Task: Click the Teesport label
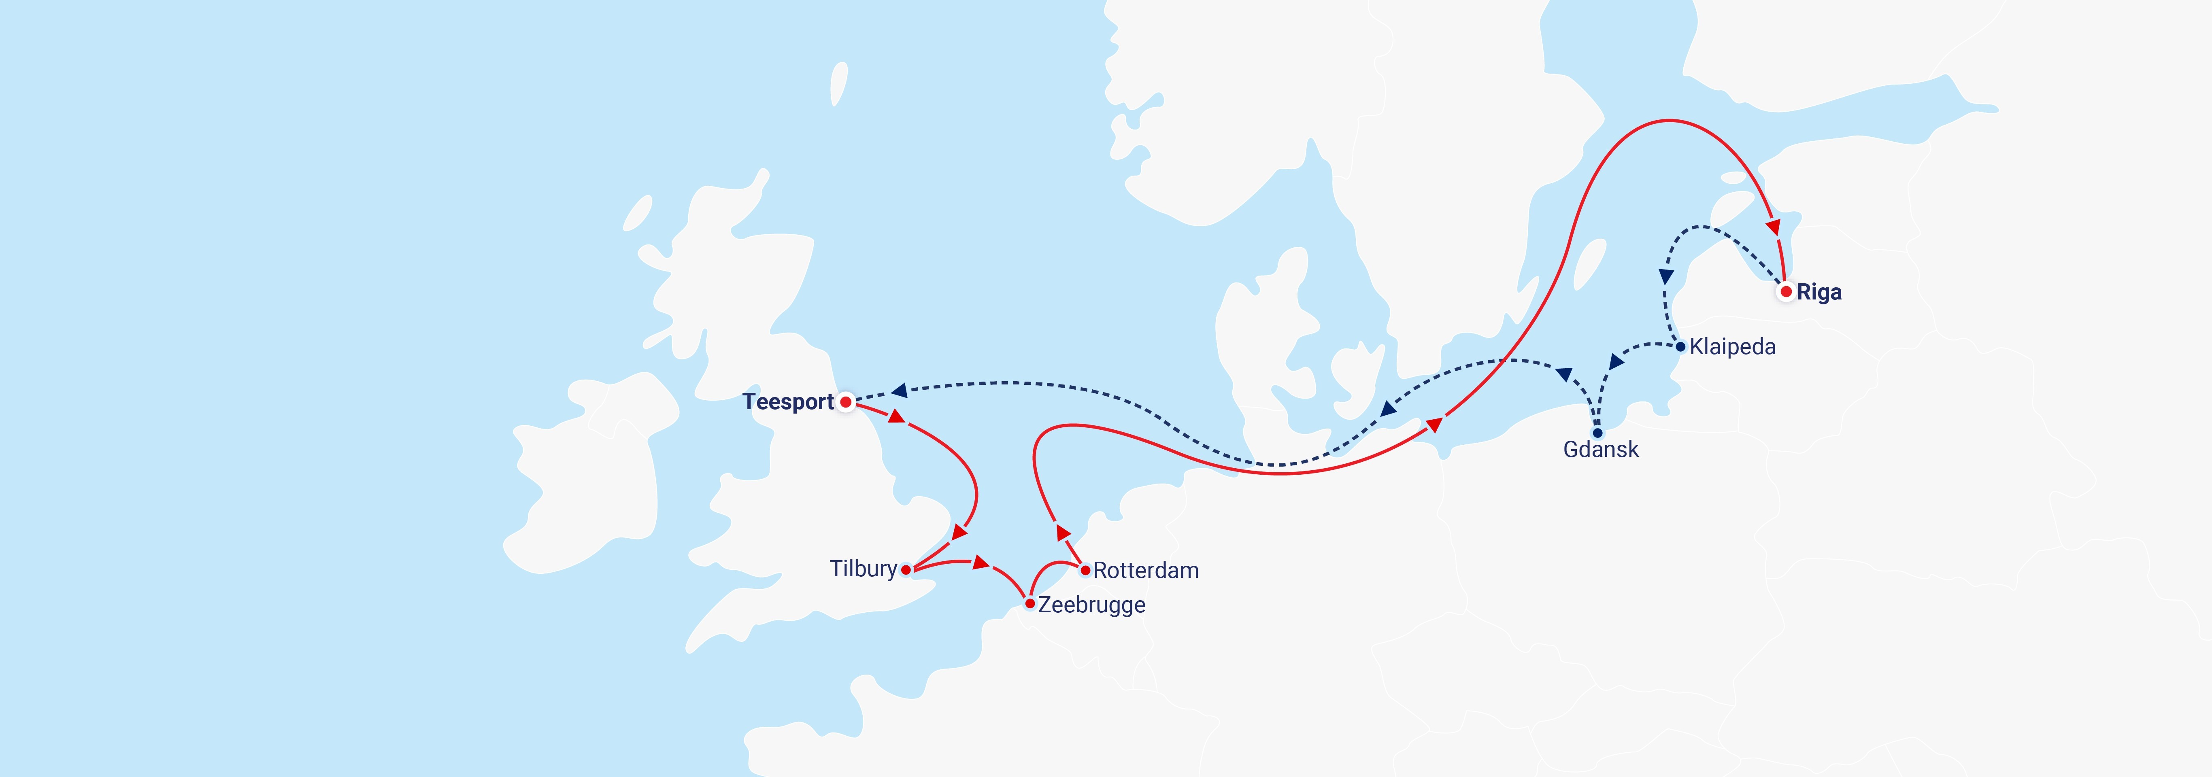pos(787,402)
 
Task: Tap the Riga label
pos(1819,293)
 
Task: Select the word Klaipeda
pos(1732,347)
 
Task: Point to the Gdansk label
pos(1601,449)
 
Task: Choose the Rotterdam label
pos(1146,570)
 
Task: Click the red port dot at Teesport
pos(846,402)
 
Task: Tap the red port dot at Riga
pos(1786,292)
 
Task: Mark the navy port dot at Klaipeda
pos(1680,347)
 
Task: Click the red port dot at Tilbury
pos(906,569)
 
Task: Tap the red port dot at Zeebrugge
pos(1029,603)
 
